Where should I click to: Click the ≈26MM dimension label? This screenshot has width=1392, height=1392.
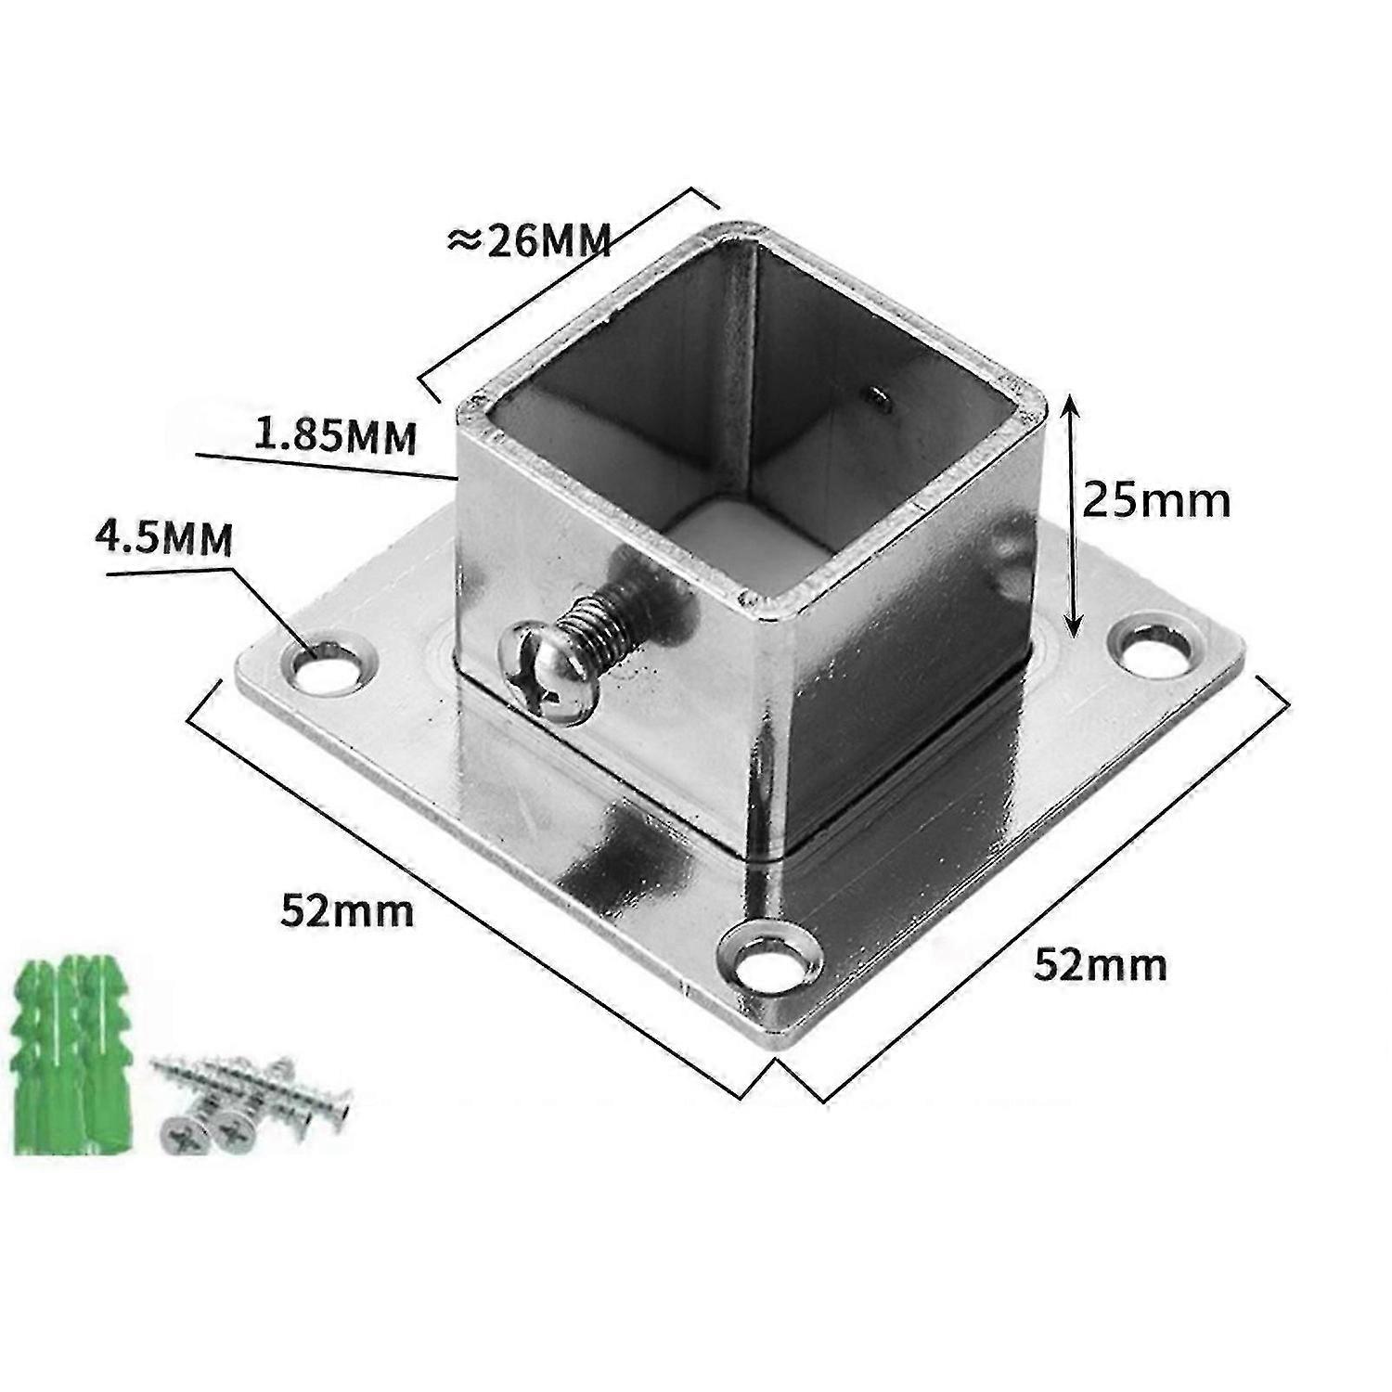coord(529,241)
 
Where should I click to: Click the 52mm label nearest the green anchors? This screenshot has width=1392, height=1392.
coord(347,912)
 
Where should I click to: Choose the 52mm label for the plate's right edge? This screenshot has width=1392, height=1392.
coord(1101,965)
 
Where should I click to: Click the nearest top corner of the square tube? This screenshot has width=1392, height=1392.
coord(772,612)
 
